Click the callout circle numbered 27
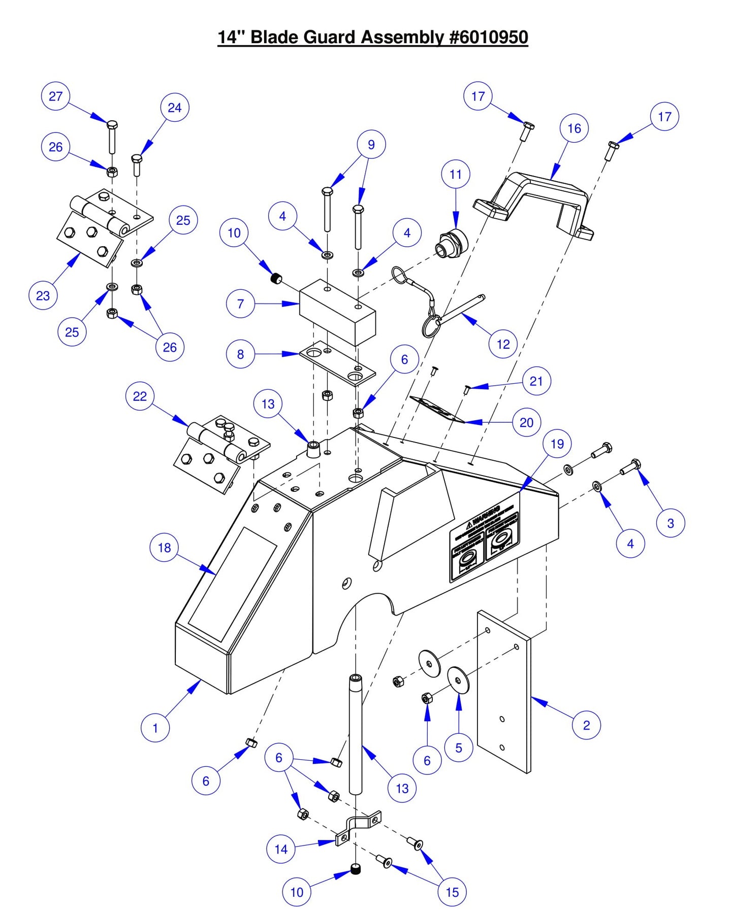click(x=55, y=96)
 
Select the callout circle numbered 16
click(x=574, y=128)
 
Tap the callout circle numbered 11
click(x=456, y=174)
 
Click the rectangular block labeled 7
click(x=337, y=312)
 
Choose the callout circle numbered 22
click(x=140, y=396)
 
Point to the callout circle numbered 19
click(x=557, y=444)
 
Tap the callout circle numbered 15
click(x=452, y=892)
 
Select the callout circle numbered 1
click(x=155, y=728)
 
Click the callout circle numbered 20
click(x=526, y=422)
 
